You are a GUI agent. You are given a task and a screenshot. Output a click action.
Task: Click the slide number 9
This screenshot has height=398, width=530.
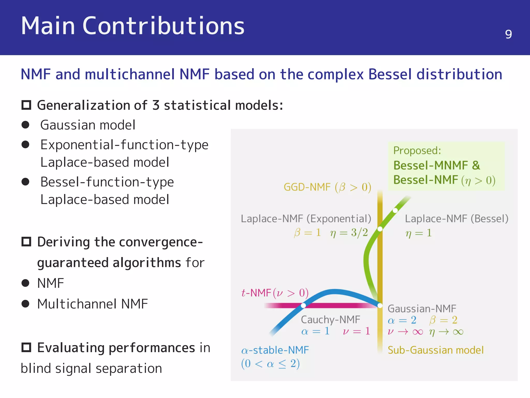click(x=508, y=34)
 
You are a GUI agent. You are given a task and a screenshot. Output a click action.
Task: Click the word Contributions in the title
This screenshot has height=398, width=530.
click(x=163, y=26)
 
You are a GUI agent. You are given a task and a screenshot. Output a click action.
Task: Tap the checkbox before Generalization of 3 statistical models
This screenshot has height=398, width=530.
click(x=26, y=105)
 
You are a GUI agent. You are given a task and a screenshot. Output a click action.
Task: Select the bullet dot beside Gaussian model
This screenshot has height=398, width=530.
click(x=25, y=125)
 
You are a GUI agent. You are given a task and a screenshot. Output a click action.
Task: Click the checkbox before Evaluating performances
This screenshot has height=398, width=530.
click(x=26, y=347)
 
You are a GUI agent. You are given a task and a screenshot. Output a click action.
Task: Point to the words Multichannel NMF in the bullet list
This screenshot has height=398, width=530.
click(x=92, y=304)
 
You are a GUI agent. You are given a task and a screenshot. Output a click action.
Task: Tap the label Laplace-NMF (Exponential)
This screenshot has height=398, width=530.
click(x=306, y=219)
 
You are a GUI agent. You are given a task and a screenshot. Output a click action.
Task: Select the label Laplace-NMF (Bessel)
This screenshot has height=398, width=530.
click(x=457, y=219)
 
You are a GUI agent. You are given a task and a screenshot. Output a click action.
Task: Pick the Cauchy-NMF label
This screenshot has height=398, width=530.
click(x=330, y=319)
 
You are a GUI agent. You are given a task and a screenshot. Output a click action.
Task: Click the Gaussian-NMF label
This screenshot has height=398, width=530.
click(x=422, y=309)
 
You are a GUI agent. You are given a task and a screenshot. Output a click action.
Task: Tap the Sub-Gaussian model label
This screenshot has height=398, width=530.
click(x=436, y=350)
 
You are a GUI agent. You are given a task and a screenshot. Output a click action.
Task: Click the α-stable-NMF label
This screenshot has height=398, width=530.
click(x=275, y=350)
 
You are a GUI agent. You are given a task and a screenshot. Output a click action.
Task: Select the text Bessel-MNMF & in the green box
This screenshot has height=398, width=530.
click(x=437, y=165)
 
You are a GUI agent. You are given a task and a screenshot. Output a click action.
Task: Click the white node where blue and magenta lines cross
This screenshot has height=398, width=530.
click(x=303, y=305)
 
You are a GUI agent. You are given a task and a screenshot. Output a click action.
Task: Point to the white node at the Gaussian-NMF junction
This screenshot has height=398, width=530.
click(x=380, y=305)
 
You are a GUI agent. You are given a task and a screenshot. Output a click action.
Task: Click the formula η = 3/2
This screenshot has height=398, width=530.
click(x=349, y=233)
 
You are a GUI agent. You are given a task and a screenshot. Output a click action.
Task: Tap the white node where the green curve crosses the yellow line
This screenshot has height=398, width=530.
click(x=380, y=229)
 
